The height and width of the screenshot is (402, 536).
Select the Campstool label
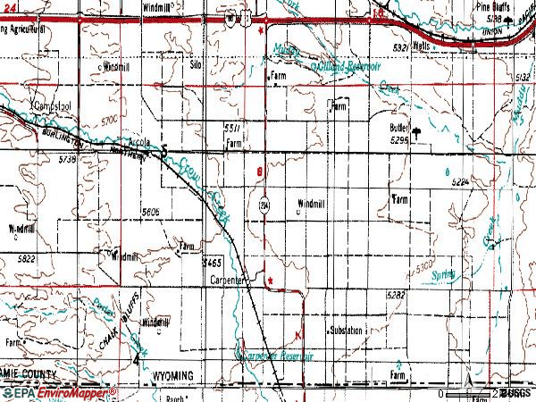point(51,105)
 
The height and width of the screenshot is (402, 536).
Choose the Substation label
point(346,331)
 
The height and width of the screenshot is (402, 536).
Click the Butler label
point(399,128)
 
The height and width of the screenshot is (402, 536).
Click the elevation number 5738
point(43,158)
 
